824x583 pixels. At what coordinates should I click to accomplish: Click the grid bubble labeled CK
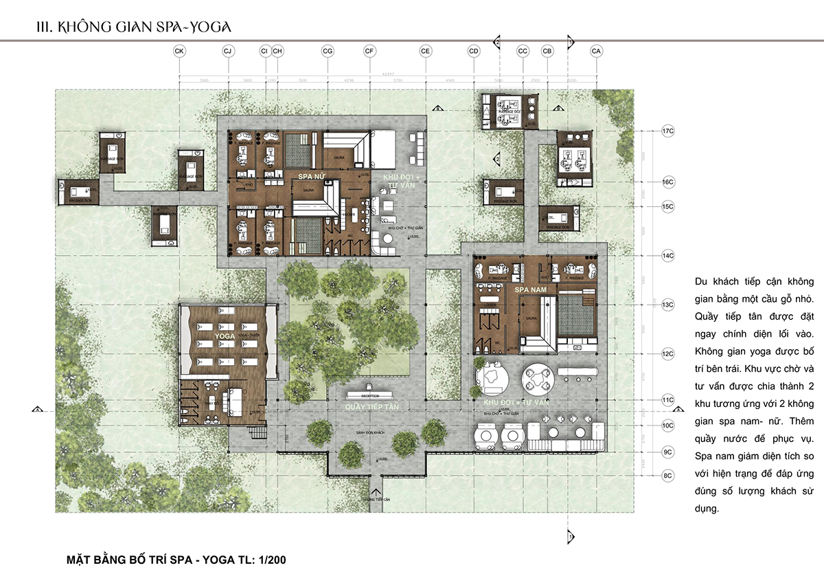click(180, 52)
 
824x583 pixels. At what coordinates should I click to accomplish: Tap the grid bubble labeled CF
click(369, 52)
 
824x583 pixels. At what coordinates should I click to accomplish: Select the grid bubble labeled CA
click(596, 52)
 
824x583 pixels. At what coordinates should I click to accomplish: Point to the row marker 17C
click(667, 131)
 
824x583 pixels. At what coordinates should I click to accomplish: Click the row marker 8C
click(667, 475)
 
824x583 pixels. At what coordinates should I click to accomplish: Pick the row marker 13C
click(667, 304)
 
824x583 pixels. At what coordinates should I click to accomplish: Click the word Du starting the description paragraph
click(702, 283)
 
